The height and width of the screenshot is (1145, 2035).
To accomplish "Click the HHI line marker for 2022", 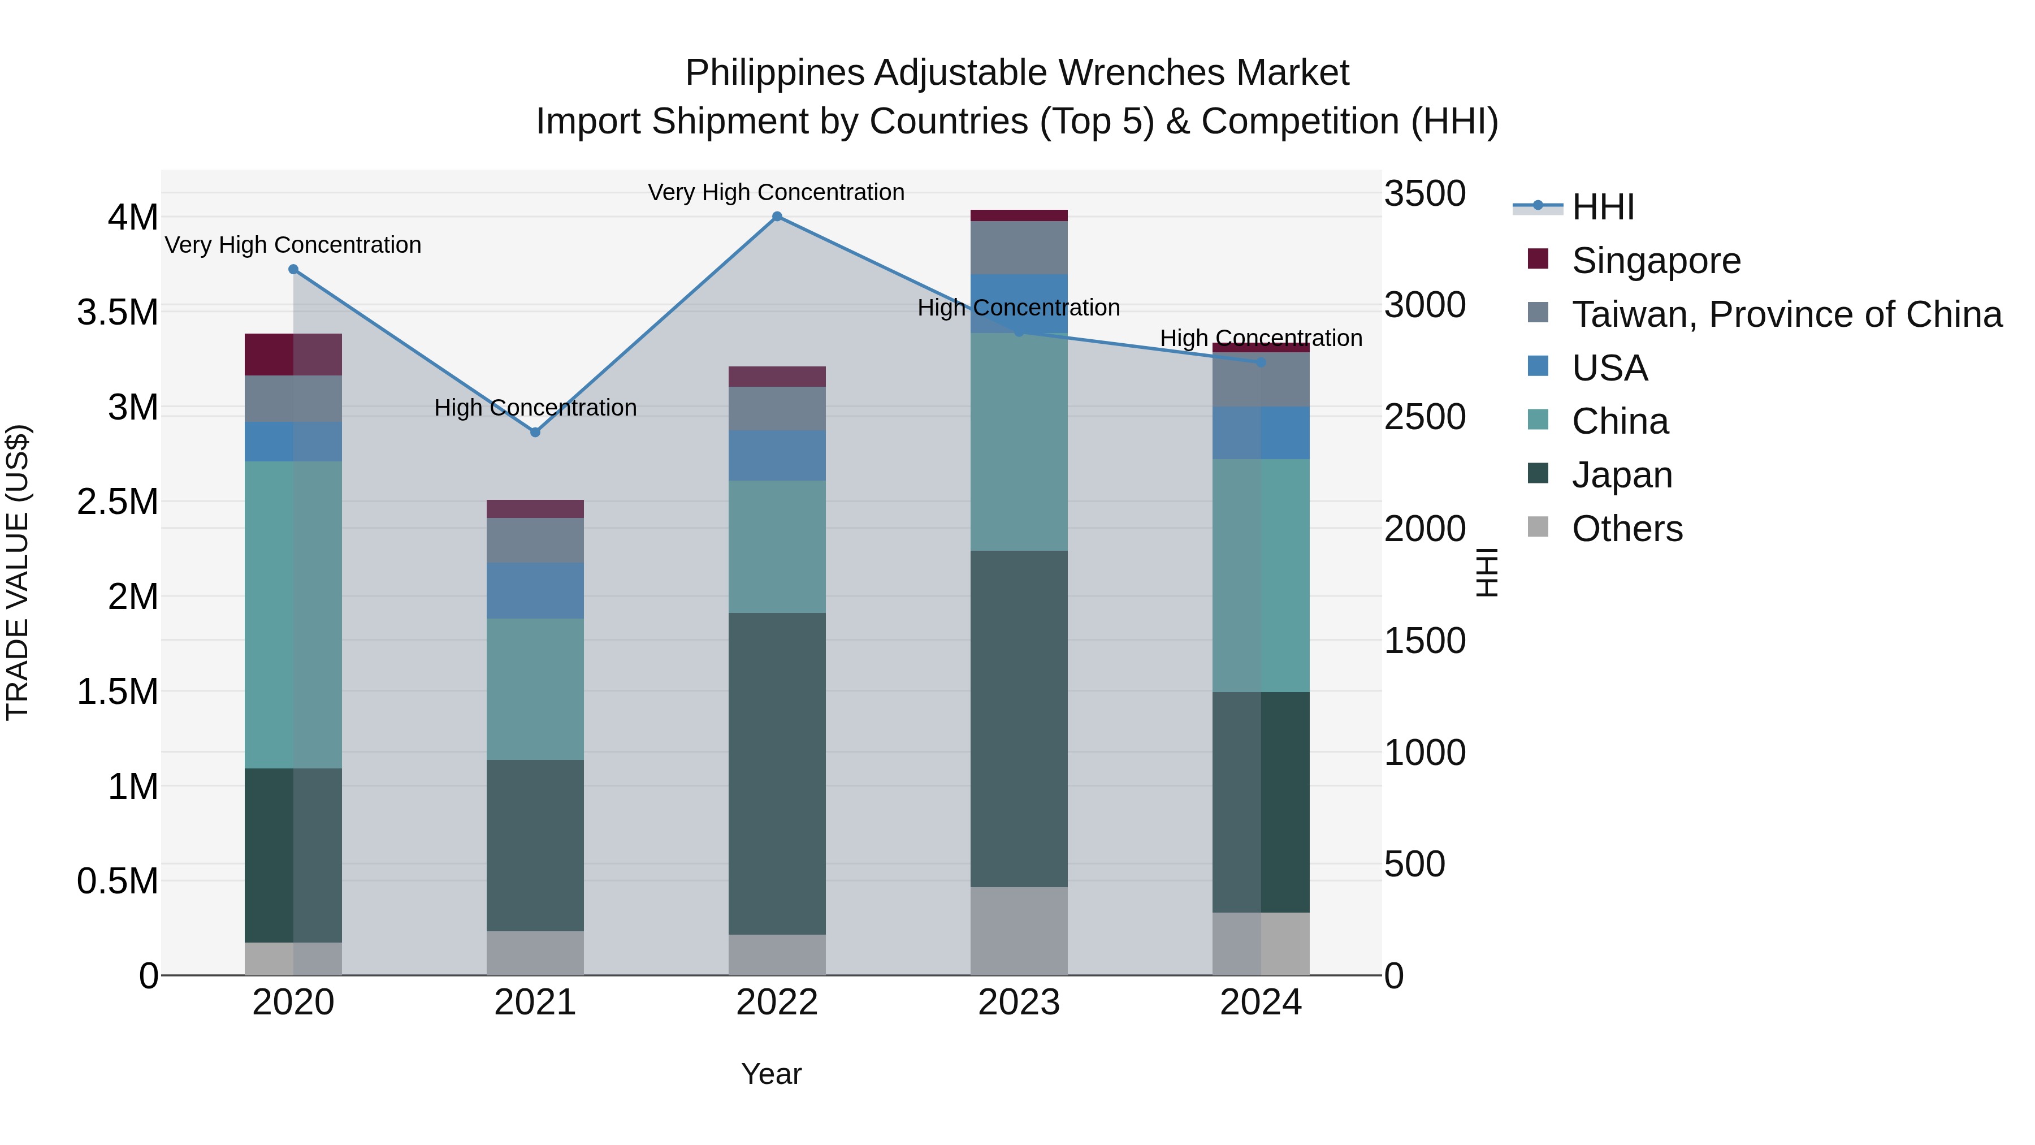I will [x=777, y=217].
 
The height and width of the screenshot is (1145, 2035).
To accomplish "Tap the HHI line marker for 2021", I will [x=535, y=432].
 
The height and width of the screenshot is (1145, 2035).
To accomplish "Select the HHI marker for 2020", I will [x=293, y=270].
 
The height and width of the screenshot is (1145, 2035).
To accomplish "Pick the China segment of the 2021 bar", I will [x=535, y=689].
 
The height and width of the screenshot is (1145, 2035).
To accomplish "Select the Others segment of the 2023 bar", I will [x=1018, y=931].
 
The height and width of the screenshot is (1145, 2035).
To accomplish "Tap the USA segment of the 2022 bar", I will [x=777, y=455].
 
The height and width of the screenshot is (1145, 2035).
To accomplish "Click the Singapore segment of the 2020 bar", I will [x=293, y=355].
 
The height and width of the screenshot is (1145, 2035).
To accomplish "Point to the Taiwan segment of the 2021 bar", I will [x=535, y=541].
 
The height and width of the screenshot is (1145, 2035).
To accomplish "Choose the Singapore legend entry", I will [x=1656, y=261].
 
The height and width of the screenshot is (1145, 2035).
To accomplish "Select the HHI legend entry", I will [x=1602, y=207].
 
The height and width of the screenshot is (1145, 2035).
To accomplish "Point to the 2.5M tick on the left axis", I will [x=118, y=502].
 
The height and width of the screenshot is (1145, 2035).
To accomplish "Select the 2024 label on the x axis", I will [x=1260, y=1003].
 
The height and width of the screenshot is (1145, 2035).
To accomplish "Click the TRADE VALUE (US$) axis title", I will [x=18, y=572].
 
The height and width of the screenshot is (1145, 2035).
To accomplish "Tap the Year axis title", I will [x=771, y=1074].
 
